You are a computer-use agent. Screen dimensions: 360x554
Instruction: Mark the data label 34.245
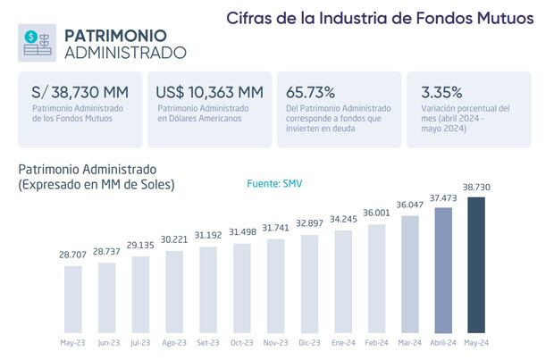click(343, 219)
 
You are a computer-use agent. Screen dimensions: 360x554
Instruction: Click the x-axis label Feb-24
click(376, 343)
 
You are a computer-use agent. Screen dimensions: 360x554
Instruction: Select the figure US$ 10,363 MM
click(209, 92)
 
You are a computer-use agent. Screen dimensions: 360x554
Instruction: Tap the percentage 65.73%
click(310, 92)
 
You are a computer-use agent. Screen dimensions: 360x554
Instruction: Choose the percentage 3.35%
click(431, 92)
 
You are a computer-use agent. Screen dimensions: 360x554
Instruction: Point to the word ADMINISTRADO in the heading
click(126, 53)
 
